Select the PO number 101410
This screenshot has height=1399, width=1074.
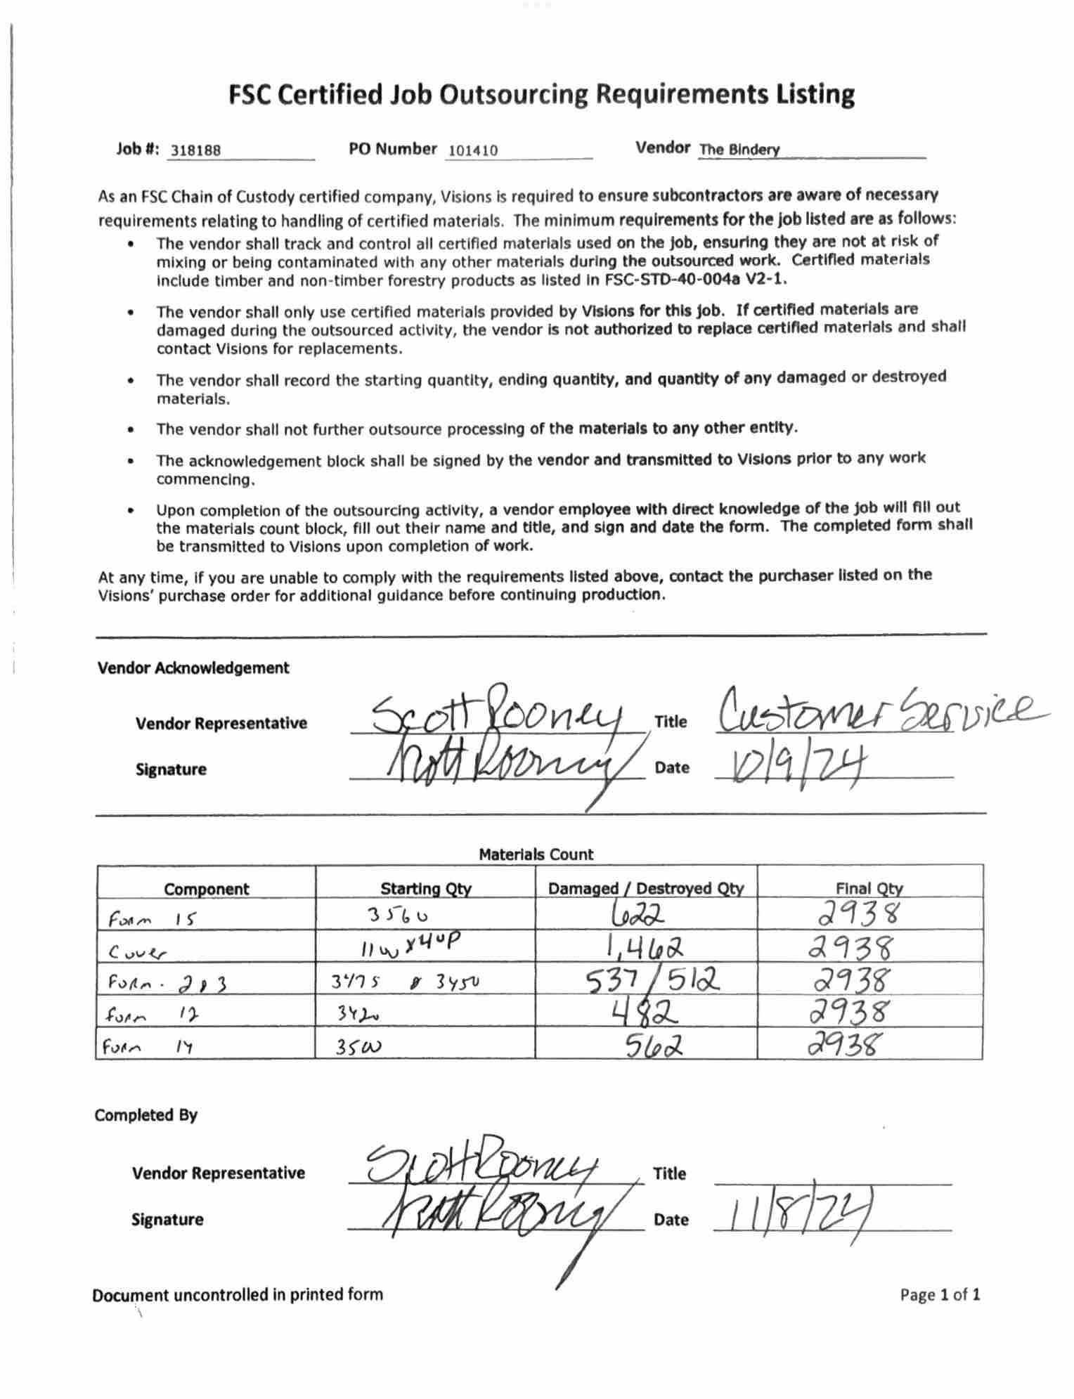click(472, 150)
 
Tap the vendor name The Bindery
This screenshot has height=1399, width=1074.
click(739, 150)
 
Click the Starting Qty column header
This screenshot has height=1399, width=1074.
click(425, 888)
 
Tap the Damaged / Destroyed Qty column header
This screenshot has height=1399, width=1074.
click(645, 888)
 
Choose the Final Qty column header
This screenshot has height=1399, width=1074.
click(869, 888)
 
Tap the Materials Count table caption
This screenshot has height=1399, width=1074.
click(536, 854)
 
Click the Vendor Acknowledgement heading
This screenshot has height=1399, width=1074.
click(193, 668)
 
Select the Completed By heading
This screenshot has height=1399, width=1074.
click(146, 1115)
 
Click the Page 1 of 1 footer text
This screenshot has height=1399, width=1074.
click(940, 1294)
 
